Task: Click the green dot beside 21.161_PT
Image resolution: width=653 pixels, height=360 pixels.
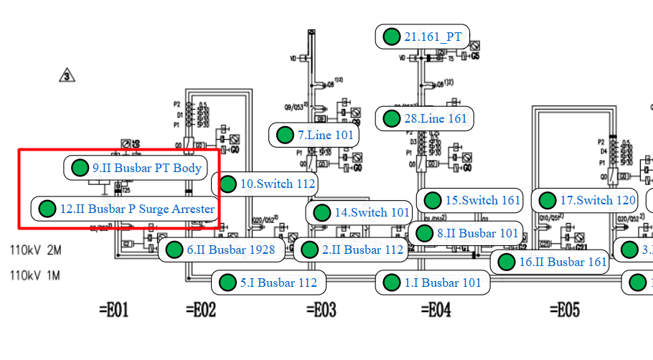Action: tap(392, 37)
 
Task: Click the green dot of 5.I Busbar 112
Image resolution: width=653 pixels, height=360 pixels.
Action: tap(228, 282)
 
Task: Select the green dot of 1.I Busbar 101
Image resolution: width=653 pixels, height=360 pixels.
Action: tap(392, 282)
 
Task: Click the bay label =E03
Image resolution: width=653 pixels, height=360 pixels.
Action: tap(321, 310)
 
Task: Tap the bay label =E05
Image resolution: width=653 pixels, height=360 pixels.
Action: tap(564, 310)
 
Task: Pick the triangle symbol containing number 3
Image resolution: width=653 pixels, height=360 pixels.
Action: tap(67, 75)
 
